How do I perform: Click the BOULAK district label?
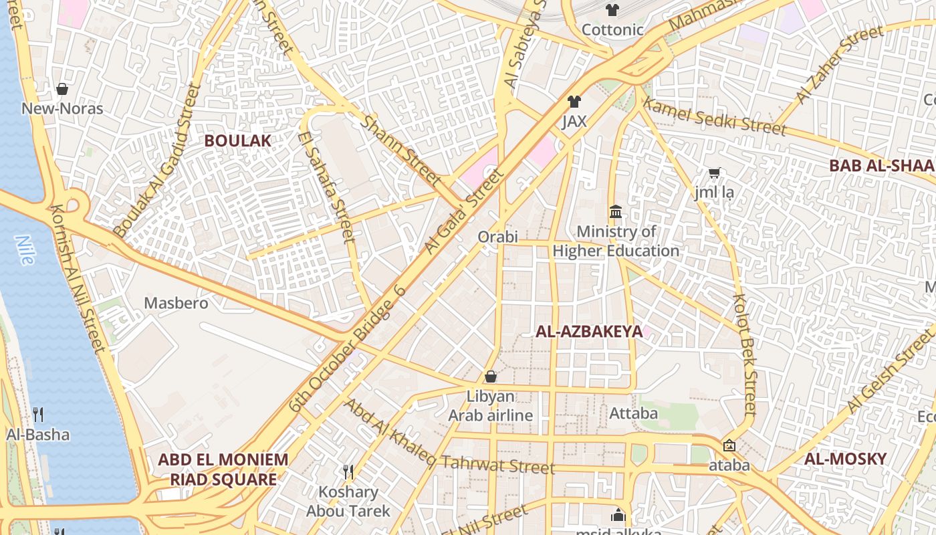pyautogui.click(x=237, y=140)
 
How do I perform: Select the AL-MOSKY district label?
pyautogui.click(x=845, y=459)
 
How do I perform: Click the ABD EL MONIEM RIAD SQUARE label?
pyautogui.click(x=223, y=469)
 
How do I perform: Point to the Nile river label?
pyautogui.click(x=25, y=250)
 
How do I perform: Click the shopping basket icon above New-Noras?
pyautogui.click(x=62, y=89)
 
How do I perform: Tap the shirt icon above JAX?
pyautogui.click(x=574, y=102)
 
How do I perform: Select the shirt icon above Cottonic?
pyautogui.click(x=612, y=10)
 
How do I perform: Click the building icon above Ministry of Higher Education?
pyautogui.click(x=616, y=212)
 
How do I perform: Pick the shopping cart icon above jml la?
pyautogui.click(x=714, y=173)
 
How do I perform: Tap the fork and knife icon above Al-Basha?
pyautogui.click(x=38, y=415)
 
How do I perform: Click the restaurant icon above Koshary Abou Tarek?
pyautogui.click(x=348, y=472)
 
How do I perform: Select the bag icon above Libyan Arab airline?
pyautogui.click(x=490, y=377)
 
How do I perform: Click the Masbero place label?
pyautogui.click(x=176, y=303)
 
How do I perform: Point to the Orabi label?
pyautogui.click(x=497, y=237)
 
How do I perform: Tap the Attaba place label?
pyautogui.click(x=633, y=413)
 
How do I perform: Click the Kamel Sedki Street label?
pyautogui.click(x=714, y=116)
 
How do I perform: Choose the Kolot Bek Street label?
pyautogui.click(x=744, y=354)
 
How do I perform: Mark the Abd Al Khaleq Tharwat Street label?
pyautogui.click(x=449, y=436)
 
